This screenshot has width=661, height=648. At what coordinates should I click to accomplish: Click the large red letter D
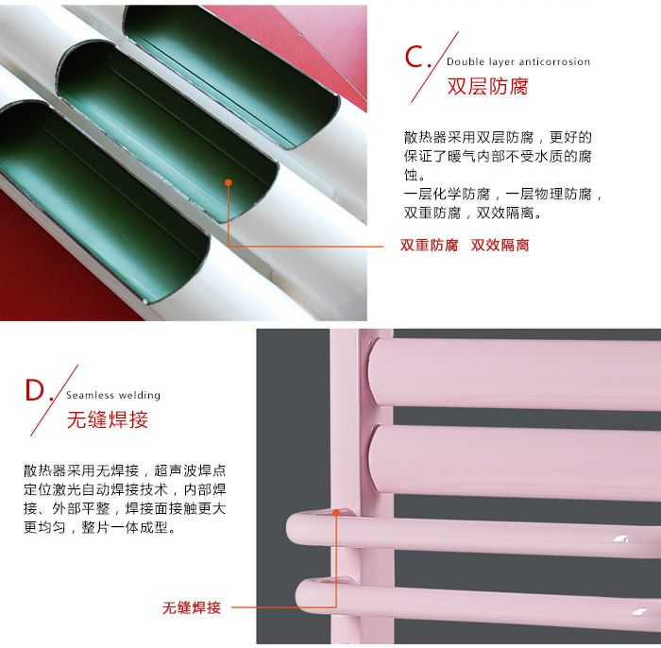(35, 390)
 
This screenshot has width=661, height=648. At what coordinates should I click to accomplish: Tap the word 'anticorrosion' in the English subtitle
(554, 61)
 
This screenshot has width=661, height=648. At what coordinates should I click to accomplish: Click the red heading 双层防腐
(488, 86)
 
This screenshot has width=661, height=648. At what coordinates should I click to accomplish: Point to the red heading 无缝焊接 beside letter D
(108, 419)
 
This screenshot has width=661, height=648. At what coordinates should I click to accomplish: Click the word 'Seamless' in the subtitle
(91, 395)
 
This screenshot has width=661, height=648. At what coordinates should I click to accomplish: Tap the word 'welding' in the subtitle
(140, 395)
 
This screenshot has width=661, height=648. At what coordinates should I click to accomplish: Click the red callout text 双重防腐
(429, 245)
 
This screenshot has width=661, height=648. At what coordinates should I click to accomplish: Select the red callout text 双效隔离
(500, 245)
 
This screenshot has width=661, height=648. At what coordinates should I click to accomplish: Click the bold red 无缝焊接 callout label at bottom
(192, 607)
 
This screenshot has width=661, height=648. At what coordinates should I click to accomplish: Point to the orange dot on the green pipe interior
(229, 182)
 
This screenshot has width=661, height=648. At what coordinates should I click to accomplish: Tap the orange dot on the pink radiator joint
(336, 513)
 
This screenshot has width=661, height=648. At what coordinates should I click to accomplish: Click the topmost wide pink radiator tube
(515, 373)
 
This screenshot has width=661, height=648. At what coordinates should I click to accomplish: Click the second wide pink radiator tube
(515, 462)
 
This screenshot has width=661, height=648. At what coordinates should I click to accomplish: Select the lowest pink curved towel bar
(476, 601)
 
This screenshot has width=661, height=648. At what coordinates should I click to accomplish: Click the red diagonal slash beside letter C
(434, 67)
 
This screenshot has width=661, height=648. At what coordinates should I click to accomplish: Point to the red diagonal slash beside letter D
(55, 401)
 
